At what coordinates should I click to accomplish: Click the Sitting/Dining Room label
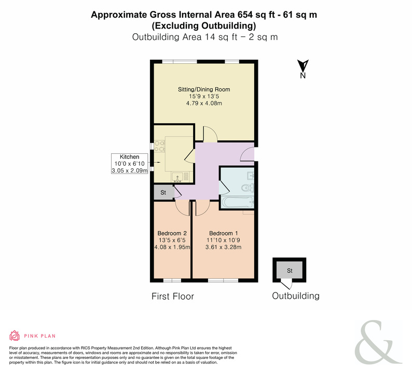click(x=204, y=89)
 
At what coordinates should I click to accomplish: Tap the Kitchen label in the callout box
click(x=129, y=157)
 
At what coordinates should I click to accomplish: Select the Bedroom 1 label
click(x=223, y=233)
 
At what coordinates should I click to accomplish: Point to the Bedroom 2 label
click(x=172, y=233)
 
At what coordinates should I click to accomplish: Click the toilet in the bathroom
click(x=248, y=188)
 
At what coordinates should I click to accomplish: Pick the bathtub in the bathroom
click(x=238, y=203)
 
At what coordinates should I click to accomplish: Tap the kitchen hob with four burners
click(x=159, y=146)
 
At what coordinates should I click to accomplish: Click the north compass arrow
click(x=303, y=65)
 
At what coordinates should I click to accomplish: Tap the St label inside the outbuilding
click(x=290, y=271)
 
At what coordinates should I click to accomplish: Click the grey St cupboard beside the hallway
click(x=163, y=192)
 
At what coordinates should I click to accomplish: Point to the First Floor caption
click(x=173, y=297)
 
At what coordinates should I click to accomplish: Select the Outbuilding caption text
click(x=296, y=296)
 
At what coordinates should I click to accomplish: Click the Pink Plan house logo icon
click(x=15, y=336)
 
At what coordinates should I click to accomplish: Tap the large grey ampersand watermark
click(x=378, y=342)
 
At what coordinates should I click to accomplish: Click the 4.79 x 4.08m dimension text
click(x=204, y=103)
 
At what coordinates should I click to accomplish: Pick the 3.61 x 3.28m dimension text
click(x=223, y=247)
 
